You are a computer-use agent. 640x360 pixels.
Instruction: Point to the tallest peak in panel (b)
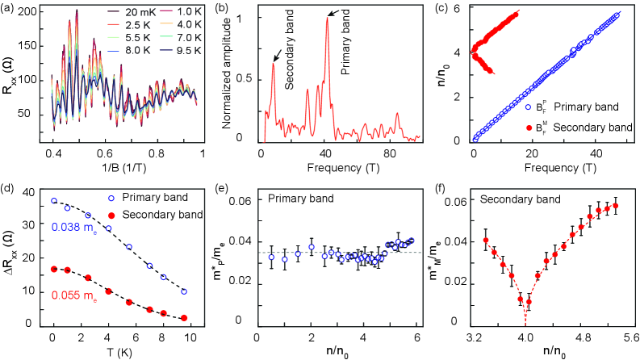click(x=327, y=18)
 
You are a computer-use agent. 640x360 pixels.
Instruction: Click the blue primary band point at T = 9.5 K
click(x=185, y=291)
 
